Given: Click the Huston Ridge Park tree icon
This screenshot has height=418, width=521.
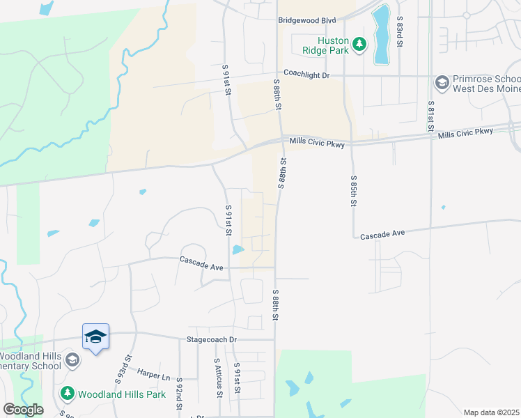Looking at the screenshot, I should tap(359, 45).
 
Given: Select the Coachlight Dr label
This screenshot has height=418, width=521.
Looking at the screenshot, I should tap(306, 72).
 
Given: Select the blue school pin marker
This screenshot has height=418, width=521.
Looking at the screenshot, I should tap(95, 337).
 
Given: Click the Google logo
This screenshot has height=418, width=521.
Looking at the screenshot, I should tap(23, 410).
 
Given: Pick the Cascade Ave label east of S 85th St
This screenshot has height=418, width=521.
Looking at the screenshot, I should tap(382, 236).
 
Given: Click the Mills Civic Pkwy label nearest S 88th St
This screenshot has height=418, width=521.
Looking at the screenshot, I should tap(318, 141).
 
